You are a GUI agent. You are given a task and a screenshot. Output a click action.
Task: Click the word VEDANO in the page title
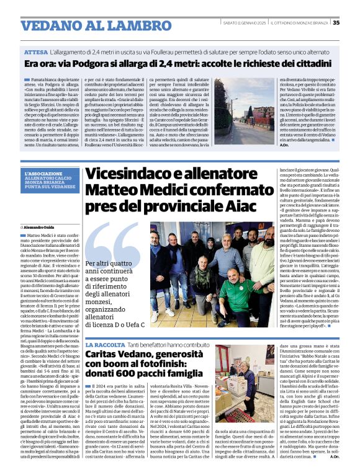tap(51, 26)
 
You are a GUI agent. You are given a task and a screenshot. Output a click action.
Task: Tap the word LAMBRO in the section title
tap(127, 26)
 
